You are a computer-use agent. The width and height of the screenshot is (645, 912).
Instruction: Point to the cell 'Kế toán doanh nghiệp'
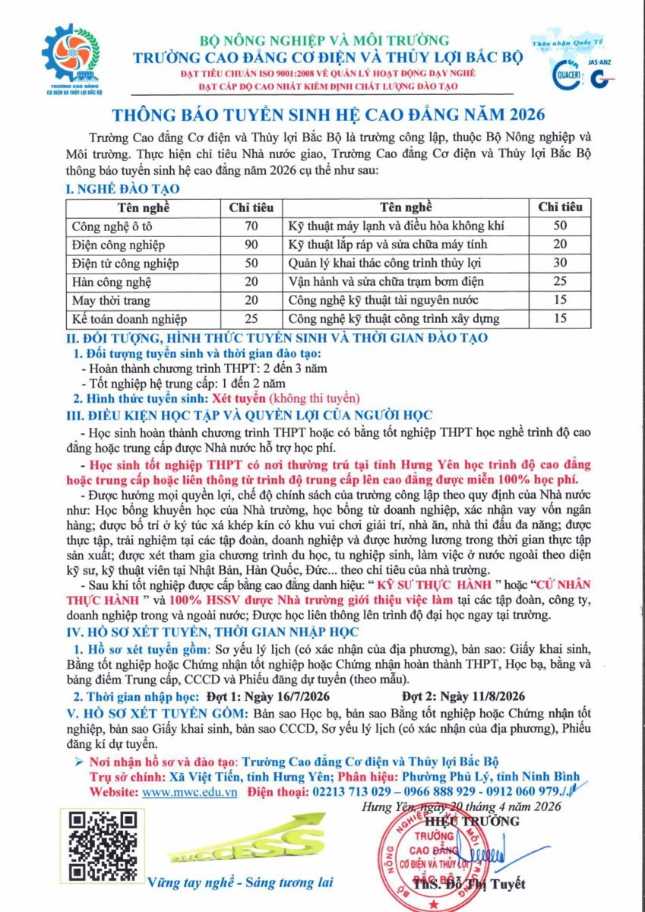[x=128, y=319]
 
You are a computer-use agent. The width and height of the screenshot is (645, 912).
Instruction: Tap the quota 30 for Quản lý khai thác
[x=560, y=264]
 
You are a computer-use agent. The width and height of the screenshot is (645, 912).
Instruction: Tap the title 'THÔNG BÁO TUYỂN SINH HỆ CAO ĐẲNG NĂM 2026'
[x=329, y=115]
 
